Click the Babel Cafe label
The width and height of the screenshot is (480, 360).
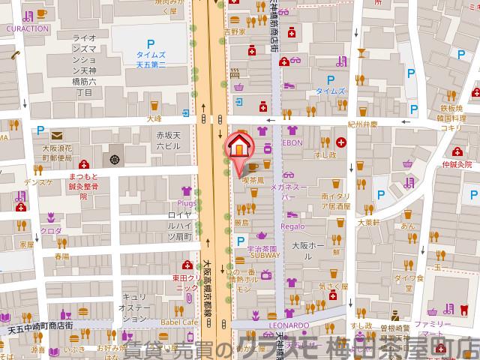pyautogui.click(x=178, y=322)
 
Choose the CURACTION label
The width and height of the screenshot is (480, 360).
pyautogui.click(x=27, y=28)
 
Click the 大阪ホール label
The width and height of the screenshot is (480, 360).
pyautogui.click(x=307, y=246)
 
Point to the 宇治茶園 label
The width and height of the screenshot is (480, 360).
pyautogui.click(x=262, y=247)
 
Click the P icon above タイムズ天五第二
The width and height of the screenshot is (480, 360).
pyautogui.click(x=151, y=44)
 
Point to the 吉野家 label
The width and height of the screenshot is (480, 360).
pyautogui.click(x=238, y=32)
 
